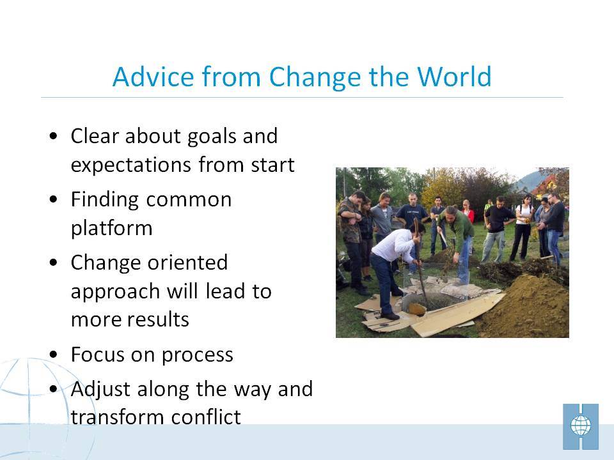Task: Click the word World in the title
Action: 454,76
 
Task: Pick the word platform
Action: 111,229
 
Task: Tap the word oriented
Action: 188,263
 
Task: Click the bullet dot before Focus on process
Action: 54,355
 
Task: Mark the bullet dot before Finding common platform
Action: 54,199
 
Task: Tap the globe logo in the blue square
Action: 581,426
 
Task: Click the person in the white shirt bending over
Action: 393,270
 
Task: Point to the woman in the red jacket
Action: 467,212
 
